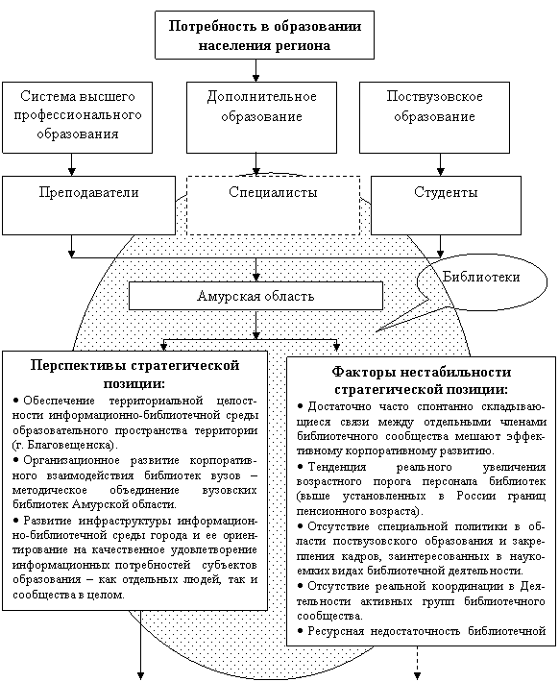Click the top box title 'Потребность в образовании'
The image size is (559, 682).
(264, 26)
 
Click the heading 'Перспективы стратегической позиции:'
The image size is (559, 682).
(134, 375)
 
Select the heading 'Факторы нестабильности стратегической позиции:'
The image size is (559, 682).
(421, 380)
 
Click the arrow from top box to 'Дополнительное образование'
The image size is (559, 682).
(255, 70)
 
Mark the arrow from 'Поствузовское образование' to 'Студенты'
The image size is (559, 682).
(440, 164)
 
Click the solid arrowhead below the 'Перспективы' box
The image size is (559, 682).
(141, 676)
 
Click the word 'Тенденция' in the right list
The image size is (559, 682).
(337, 467)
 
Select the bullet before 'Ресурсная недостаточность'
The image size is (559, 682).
(301, 630)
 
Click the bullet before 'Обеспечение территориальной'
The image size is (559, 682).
(16, 401)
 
